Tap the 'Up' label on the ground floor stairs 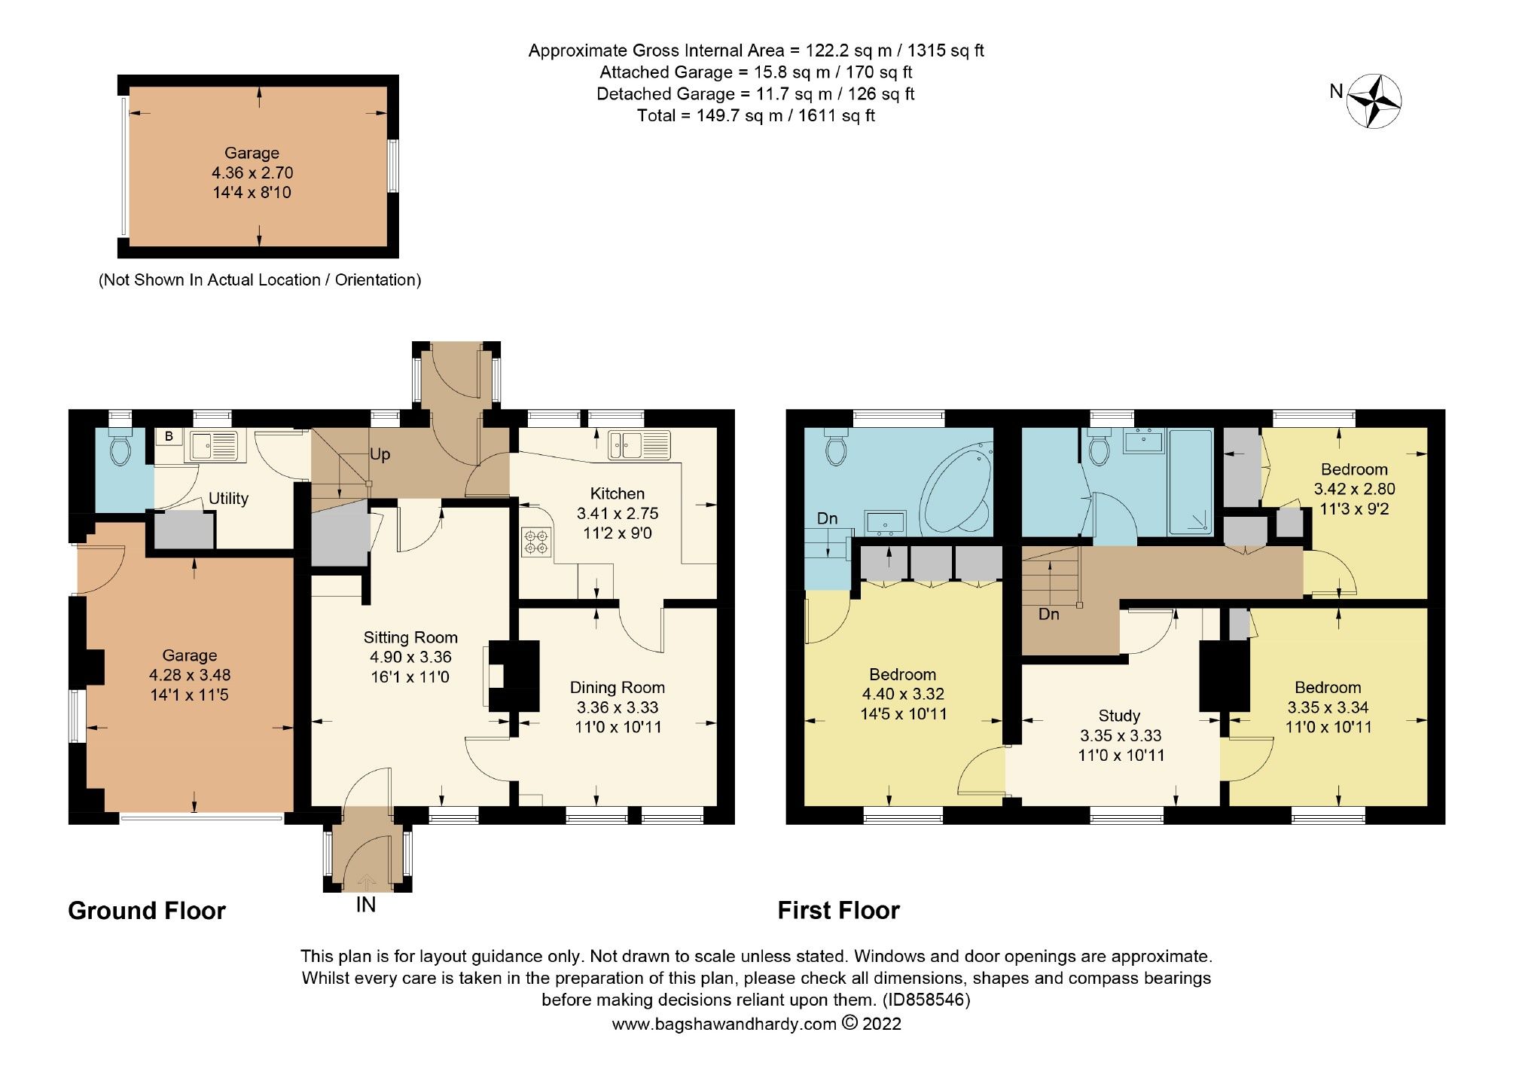380,455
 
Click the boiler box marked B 169,437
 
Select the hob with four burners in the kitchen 536,542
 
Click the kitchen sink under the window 639,444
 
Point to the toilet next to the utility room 120,450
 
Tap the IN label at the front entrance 366,905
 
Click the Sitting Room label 410,637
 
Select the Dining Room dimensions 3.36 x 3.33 618,707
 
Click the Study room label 1119,716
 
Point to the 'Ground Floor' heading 147,911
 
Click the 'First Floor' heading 838,911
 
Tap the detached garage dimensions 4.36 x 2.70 252,173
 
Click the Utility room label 228,499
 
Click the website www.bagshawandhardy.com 724,1024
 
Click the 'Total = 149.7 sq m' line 755,115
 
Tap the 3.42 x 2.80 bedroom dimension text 1354,489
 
